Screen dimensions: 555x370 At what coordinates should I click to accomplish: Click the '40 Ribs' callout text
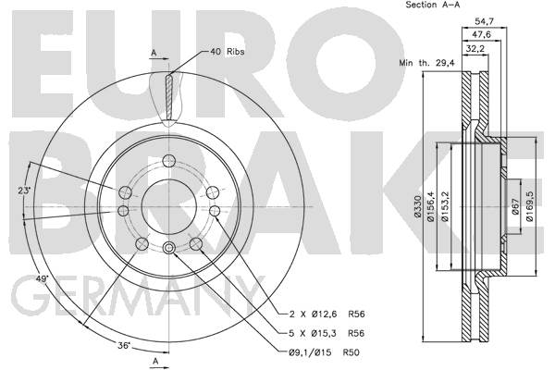click(x=228, y=52)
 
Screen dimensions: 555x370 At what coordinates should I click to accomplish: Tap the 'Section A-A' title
click(x=433, y=5)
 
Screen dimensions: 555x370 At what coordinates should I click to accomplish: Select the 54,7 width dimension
click(x=484, y=21)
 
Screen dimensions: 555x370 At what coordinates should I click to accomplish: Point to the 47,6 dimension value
click(x=482, y=35)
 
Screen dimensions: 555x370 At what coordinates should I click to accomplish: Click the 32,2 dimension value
click(x=475, y=48)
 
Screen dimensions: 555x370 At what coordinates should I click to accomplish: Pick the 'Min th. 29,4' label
click(x=426, y=64)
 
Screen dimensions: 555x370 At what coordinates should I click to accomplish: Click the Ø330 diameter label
click(x=418, y=206)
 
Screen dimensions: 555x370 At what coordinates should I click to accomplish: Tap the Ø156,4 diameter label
click(x=431, y=206)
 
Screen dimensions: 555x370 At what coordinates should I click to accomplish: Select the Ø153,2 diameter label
click(x=445, y=206)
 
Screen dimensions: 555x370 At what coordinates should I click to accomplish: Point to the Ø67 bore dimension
click(x=515, y=206)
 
